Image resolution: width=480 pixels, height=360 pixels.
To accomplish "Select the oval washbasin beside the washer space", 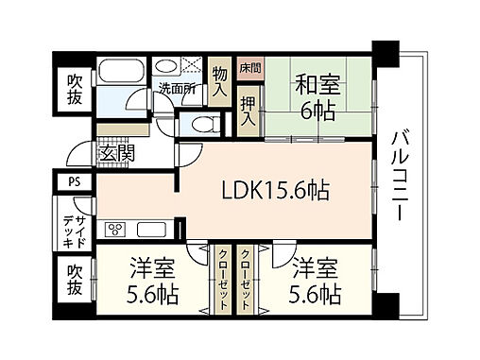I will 166,69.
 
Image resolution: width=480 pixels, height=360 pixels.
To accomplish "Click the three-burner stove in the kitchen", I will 118,230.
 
